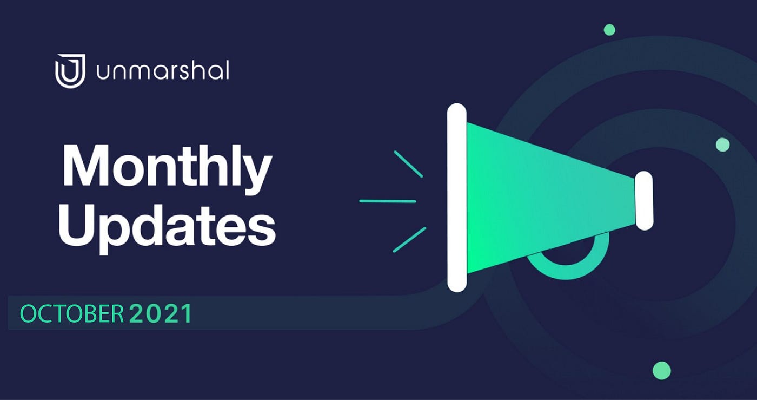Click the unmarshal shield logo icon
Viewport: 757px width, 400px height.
(70, 71)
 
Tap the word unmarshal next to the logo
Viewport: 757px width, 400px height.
(163, 70)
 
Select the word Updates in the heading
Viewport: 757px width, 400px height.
(167, 226)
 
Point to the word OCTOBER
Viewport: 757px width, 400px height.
(72, 314)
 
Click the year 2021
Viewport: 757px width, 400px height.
(161, 313)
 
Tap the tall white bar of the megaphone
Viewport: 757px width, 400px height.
(457, 198)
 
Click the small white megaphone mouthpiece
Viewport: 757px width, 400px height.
(644, 201)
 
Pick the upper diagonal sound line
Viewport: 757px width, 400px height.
(408, 164)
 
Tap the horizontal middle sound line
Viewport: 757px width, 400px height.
(388, 201)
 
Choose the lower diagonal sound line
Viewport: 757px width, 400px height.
(409, 240)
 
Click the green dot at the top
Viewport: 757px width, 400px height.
(610, 30)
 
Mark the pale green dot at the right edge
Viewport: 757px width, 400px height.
(722, 145)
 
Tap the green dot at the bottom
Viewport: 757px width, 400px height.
(662, 371)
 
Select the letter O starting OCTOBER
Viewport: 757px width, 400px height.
(28, 314)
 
